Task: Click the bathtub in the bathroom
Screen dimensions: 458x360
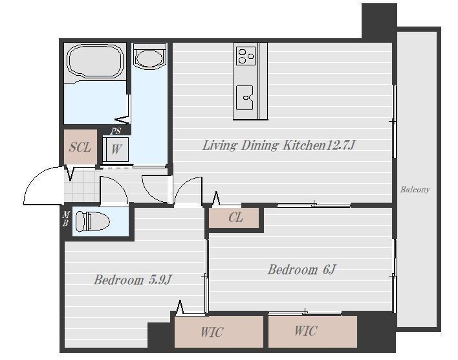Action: pos(94,61)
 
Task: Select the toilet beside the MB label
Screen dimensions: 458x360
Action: pos(92,221)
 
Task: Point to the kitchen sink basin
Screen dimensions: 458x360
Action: pos(245,98)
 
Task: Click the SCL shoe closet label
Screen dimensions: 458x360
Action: pos(80,147)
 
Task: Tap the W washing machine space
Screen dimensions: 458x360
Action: pos(116,149)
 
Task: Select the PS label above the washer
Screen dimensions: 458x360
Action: pos(116,131)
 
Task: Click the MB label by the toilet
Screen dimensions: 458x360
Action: pos(66,219)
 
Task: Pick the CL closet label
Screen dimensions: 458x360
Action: pos(235,218)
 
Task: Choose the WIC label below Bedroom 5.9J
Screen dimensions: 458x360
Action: pos(212,332)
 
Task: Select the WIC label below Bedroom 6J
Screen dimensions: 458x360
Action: pos(305,331)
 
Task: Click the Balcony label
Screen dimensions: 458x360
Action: pos(415,190)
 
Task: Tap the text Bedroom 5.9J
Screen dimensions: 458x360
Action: pos(133,280)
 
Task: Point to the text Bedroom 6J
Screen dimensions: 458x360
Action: pos(302,269)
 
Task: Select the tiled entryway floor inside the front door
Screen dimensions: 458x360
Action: pos(82,186)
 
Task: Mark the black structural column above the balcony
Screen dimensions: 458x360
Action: pos(379,21)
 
